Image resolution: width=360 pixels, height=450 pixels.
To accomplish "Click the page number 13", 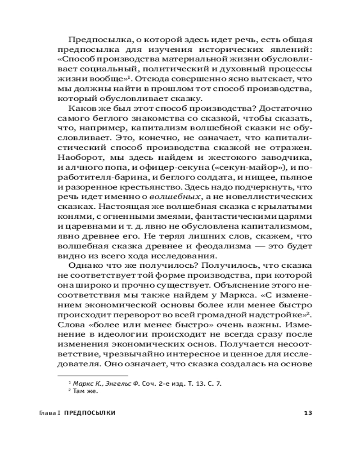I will pos(308,413).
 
